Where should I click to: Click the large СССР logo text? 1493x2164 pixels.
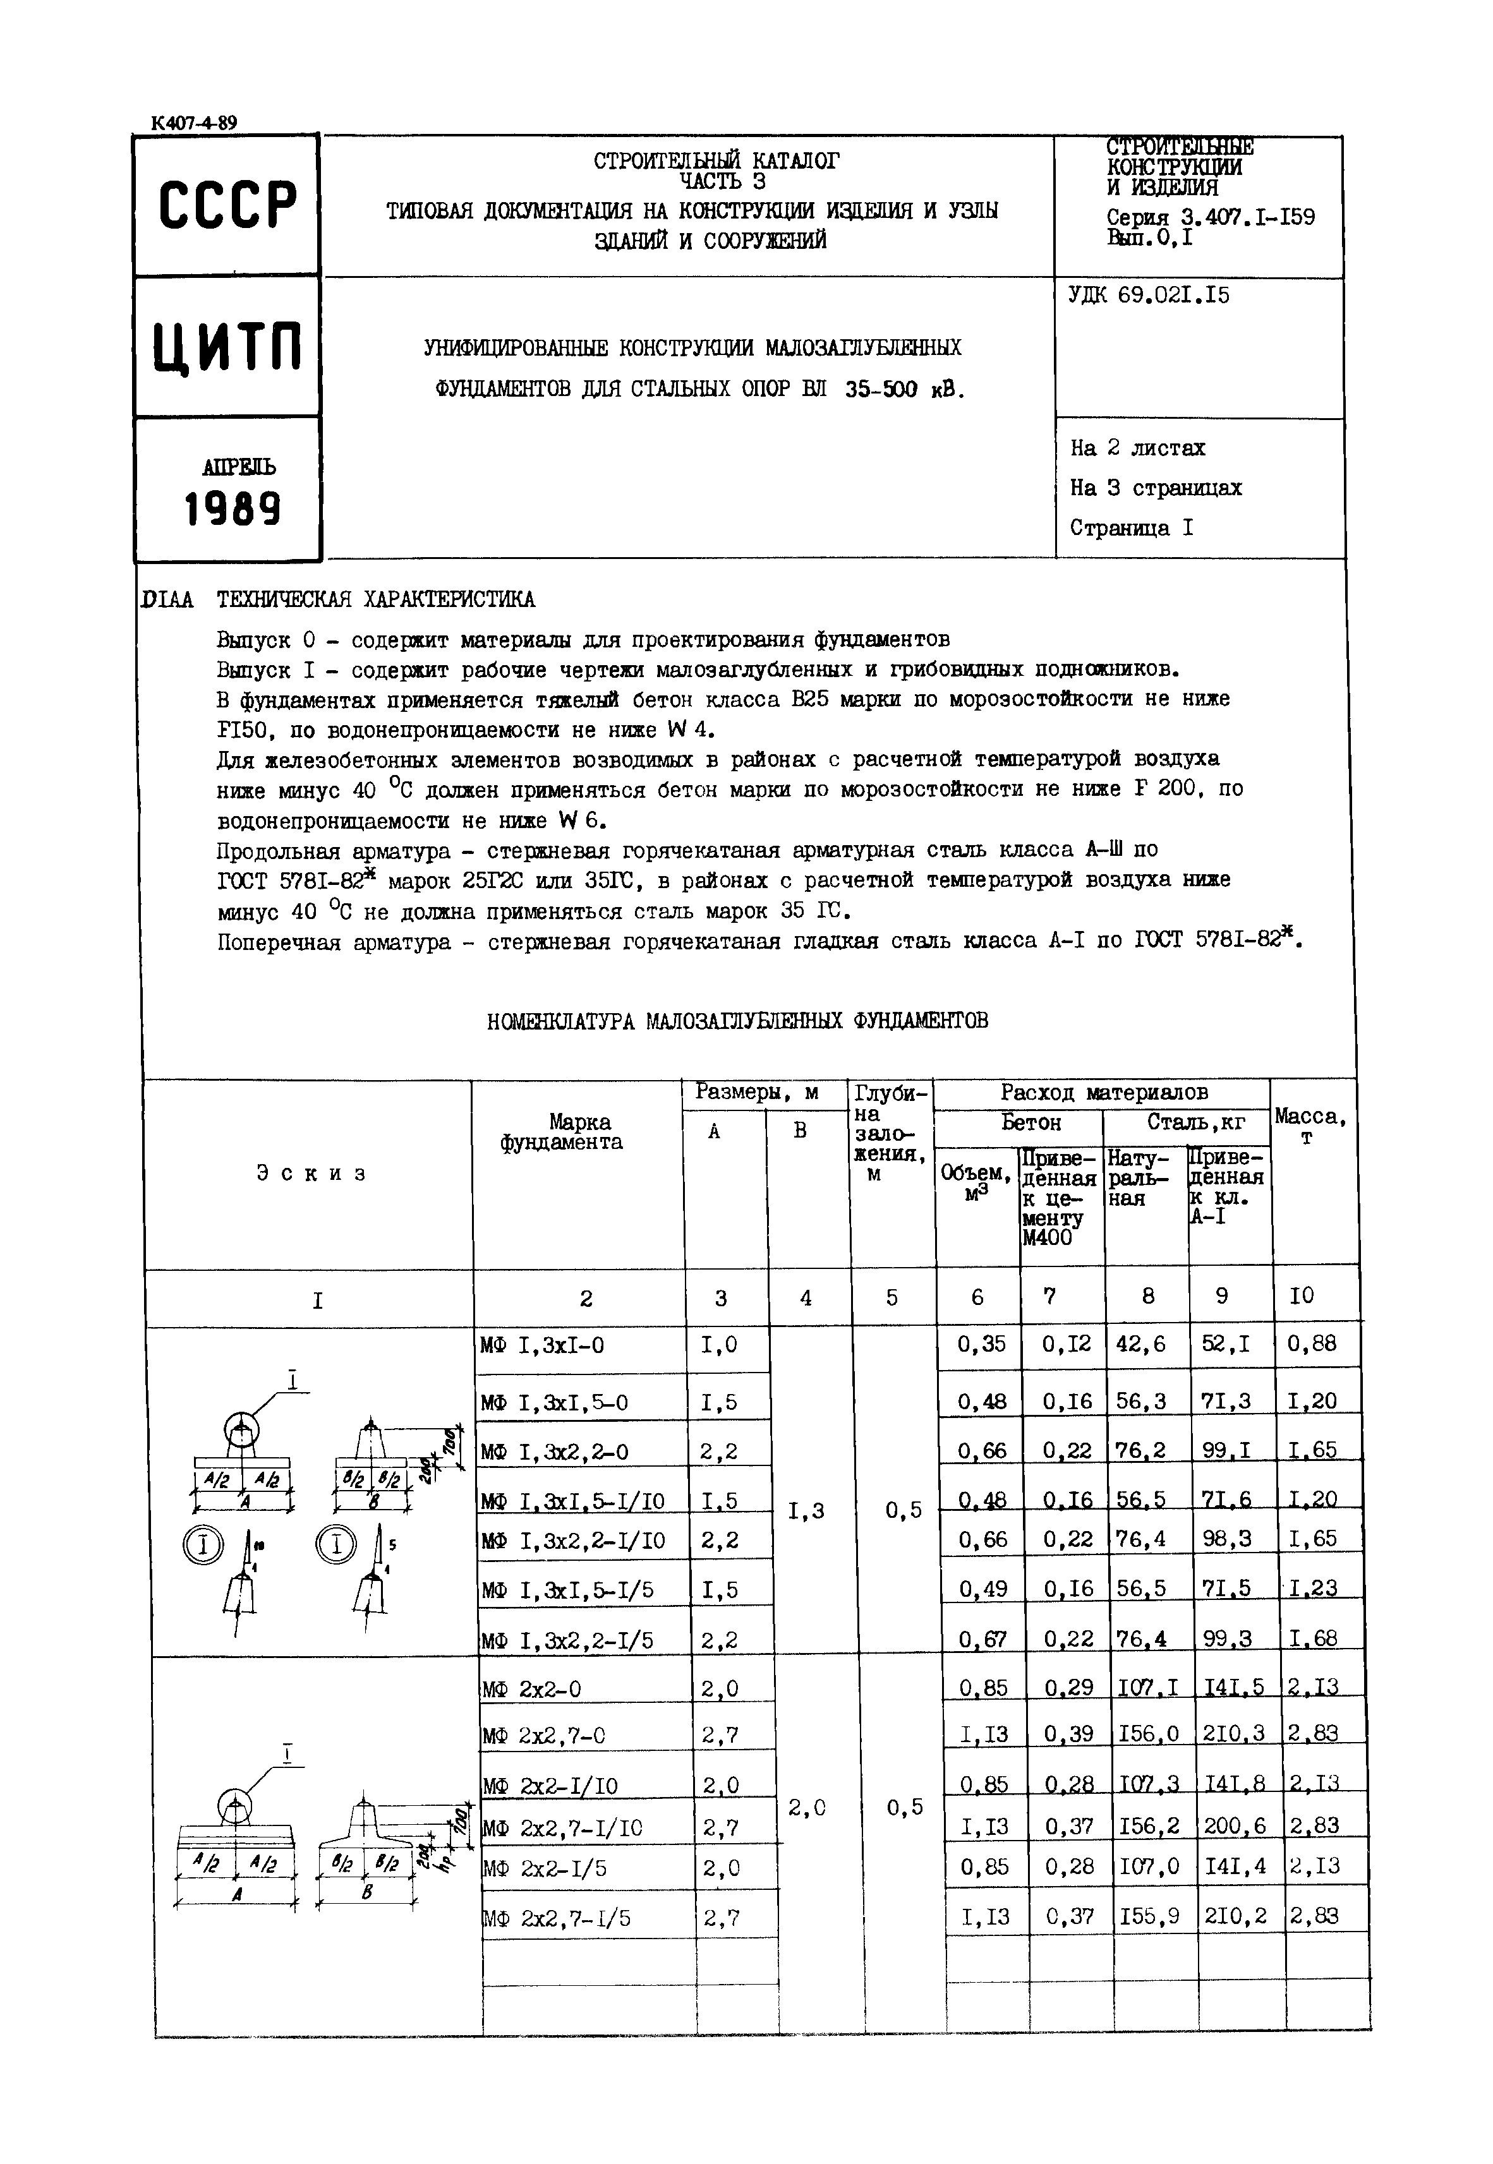[227, 204]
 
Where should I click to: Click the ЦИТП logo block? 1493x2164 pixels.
[227, 347]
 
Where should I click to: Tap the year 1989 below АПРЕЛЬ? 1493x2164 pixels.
[232, 510]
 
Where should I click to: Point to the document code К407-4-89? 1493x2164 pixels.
[193, 123]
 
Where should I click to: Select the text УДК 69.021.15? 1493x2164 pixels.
[1149, 296]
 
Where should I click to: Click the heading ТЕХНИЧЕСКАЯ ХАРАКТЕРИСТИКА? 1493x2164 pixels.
[376, 599]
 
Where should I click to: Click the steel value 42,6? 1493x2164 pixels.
[1140, 1344]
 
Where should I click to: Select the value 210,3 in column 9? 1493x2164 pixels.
[1235, 1734]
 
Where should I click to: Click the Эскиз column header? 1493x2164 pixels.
[311, 1174]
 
